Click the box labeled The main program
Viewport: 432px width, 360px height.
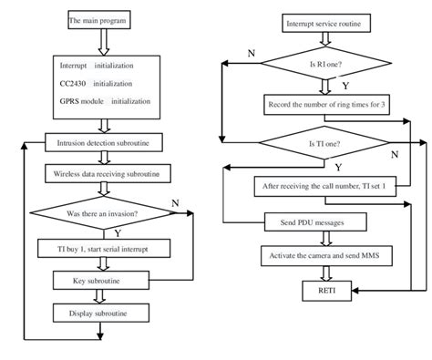[x=98, y=19]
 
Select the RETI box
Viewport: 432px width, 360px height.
[x=325, y=290]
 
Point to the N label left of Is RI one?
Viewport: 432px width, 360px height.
[x=250, y=53]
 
